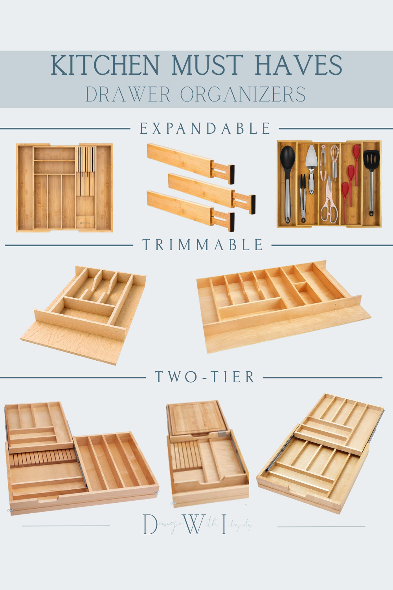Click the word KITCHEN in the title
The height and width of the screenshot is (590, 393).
105,65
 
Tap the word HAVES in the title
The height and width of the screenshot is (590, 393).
298,65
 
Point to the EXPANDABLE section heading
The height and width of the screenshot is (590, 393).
205,129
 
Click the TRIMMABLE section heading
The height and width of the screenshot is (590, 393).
203,245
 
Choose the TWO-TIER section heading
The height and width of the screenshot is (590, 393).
205,377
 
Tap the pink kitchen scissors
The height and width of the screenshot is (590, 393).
329,205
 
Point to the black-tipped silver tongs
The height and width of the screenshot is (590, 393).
303,197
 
